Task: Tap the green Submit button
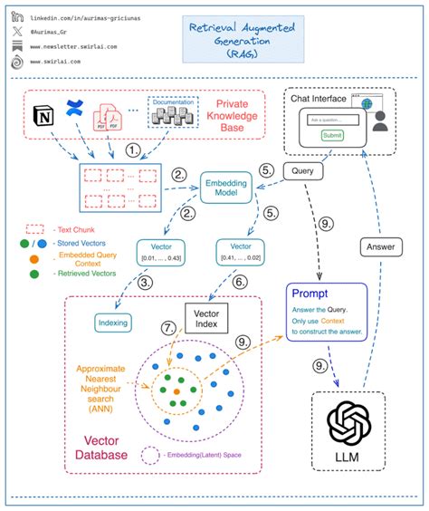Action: (x=332, y=136)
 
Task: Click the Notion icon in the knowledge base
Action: (x=42, y=116)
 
